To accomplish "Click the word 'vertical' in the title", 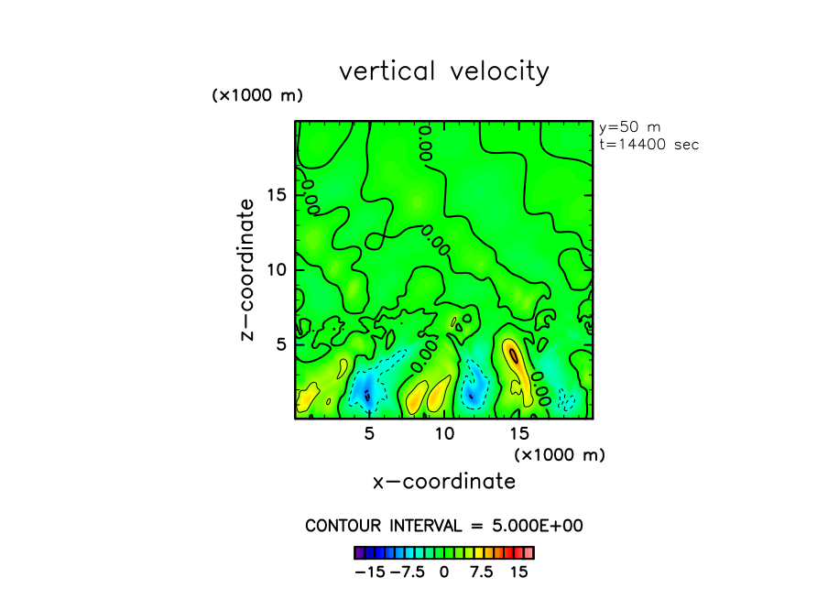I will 388,71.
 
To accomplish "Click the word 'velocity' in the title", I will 500,71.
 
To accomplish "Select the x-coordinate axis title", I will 444,481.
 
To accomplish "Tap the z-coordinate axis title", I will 246,274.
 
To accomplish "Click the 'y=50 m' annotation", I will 629,127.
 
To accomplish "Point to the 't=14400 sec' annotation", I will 648,144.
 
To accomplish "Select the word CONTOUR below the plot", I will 341,526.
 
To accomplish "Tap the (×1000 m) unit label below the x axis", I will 560,454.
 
